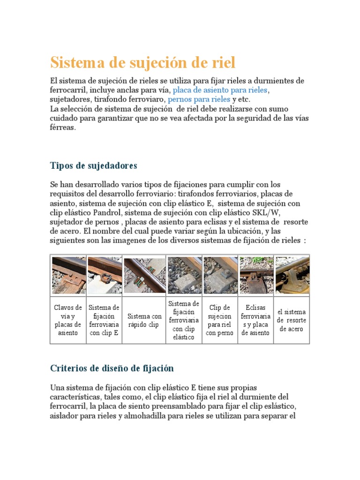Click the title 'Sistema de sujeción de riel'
(143, 62)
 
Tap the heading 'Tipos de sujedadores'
(93, 165)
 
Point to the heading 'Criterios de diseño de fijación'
(112, 368)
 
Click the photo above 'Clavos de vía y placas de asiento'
(68, 275)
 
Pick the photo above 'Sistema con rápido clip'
(144, 275)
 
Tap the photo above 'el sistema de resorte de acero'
(292, 275)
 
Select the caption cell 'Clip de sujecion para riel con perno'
(219, 320)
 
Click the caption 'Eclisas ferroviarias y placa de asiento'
(255, 320)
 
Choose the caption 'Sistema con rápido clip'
(144, 321)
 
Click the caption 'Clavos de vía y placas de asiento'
(68, 320)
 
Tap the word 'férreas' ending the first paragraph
(62, 127)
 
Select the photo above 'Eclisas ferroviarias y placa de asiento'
(256, 275)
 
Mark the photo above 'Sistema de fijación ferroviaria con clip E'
(105, 275)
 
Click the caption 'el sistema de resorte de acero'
(292, 320)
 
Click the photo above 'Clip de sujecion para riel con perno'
(220, 275)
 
